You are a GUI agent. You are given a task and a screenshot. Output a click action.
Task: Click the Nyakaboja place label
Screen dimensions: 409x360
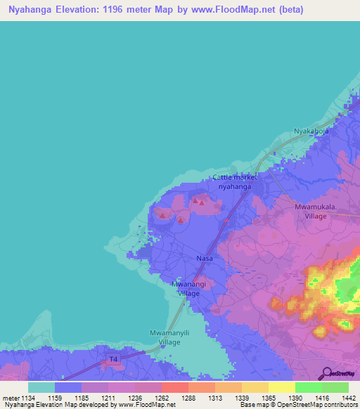point(311,131)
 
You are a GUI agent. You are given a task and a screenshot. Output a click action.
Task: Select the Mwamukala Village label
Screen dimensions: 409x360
point(316,212)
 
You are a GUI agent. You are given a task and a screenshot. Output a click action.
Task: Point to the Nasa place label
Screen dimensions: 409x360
point(205,259)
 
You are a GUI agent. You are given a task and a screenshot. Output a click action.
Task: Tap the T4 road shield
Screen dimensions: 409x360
point(113,360)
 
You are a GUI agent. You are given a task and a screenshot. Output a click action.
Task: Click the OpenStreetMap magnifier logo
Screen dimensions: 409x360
point(326,373)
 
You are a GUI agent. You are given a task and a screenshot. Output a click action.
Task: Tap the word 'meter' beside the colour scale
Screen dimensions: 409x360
point(10,398)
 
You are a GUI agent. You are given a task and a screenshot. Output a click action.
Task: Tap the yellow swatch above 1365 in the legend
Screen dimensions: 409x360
point(255,387)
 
